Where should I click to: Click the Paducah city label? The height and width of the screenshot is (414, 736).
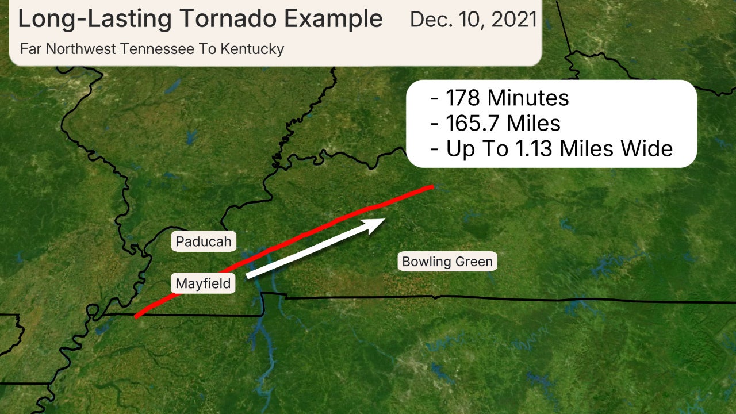(x=204, y=241)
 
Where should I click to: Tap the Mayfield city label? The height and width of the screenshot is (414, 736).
(x=203, y=283)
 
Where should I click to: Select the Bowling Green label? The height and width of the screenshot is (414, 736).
(x=447, y=262)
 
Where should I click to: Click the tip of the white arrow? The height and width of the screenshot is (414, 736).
(x=384, y=219)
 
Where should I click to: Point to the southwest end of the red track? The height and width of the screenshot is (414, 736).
(x=136, y=316)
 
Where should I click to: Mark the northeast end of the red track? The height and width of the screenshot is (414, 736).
(x=432, y=187)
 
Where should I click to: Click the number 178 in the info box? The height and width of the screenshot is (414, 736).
(x=463, y=98)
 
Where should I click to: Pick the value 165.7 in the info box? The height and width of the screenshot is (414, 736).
(x=469, y=124)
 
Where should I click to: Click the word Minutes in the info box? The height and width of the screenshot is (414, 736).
(x=528, y=98)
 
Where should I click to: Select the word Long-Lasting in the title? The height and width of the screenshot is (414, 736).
(x=92, y=20)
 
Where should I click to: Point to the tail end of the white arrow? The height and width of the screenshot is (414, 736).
(x=248, y=277)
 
